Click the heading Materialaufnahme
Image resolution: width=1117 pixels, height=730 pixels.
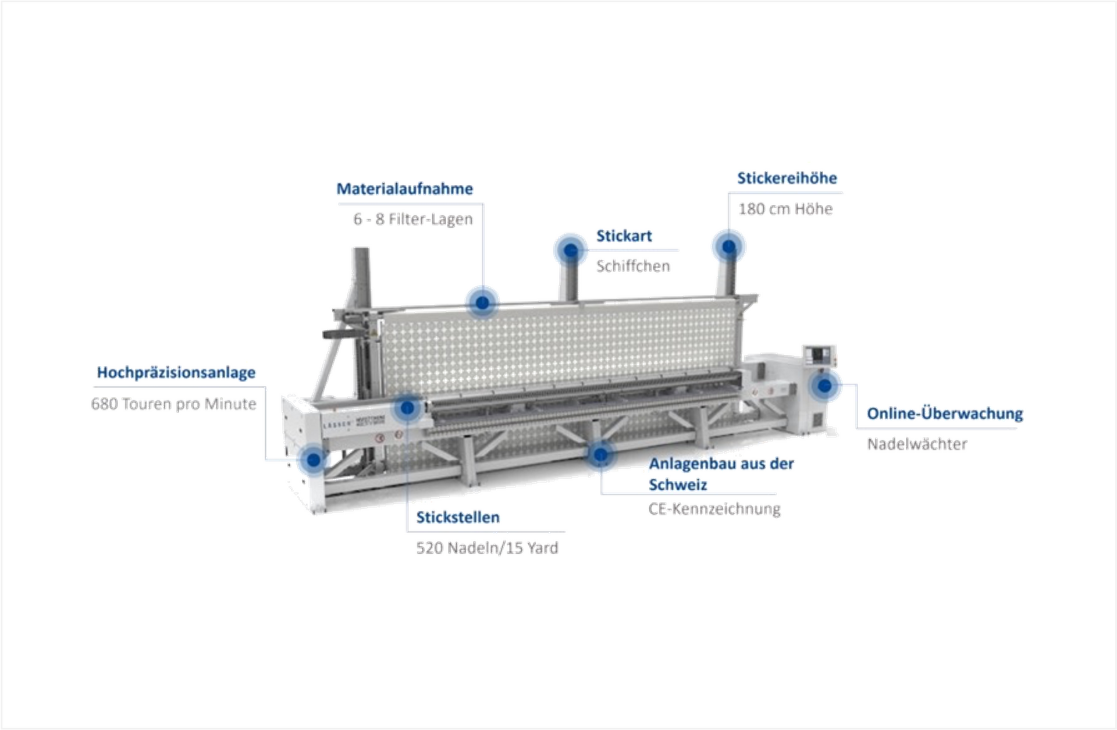[x=404, y=189]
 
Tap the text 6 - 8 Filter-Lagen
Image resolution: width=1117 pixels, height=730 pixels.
[x=412, y=219]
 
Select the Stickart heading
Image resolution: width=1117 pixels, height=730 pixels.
[x=624, y=236]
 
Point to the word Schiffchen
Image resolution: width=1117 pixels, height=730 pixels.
[x=633, y=266]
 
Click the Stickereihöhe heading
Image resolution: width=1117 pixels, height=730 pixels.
[x=787, y=179]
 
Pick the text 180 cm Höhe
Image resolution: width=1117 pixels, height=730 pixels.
[x=785, y=209]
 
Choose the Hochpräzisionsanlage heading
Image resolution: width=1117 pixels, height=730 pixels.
[x=176, y=373]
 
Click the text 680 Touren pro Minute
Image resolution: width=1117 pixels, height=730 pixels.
[x=173, y=404]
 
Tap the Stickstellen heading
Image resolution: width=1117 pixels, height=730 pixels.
[x=457, y=518]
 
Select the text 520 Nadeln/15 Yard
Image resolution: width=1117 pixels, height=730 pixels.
[x=487, y=548]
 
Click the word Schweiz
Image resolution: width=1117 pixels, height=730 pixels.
[x=678, y=485]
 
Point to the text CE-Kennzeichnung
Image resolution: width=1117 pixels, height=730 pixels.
[x=714, y=510]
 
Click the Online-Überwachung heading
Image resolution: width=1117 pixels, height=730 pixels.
[x=944, y=414]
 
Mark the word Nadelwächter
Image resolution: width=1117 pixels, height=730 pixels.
[x=917, y=444]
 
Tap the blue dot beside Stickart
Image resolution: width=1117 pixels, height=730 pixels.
[x=571, y=251]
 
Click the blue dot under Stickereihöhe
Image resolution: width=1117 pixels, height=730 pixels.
[x=728, y=247]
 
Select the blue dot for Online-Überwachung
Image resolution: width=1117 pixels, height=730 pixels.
[x=824, y=385]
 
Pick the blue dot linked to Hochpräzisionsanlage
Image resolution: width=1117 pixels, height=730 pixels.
[x=314, y=460]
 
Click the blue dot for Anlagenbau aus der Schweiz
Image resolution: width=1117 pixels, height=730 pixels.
[x=600, y=455]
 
